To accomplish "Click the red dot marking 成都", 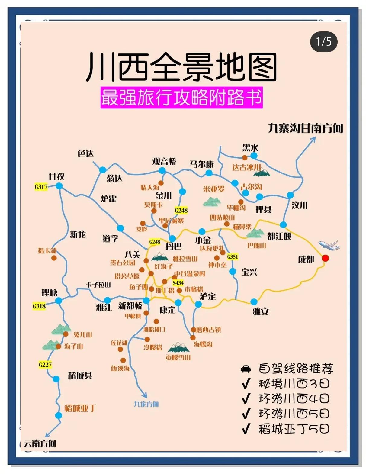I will tap(325, 258).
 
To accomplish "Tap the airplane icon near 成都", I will tap(329, 245).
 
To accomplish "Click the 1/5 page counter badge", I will tap(324, 42).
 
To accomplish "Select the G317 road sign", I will tap(41, 187).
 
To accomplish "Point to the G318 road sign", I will tap(39, 306).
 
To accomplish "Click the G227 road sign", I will tap(45, 365).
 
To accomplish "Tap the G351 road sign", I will tap(233, 257).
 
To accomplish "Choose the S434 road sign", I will tap(178, 283).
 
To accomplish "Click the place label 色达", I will tap(85, 153).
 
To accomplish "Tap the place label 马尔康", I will tap(201, 164).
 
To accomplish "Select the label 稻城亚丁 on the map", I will tap(80, 408).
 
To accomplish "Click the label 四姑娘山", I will tap(222, 218).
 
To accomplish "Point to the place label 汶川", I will tap(299, 205).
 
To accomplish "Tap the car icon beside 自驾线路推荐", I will tap(246, 369).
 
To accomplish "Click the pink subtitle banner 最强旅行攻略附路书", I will tap(181, 98).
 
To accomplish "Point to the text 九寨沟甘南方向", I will tap(306, 128).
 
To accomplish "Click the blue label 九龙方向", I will tap(146, 404).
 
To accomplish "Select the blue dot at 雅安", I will tap(254, 302).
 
